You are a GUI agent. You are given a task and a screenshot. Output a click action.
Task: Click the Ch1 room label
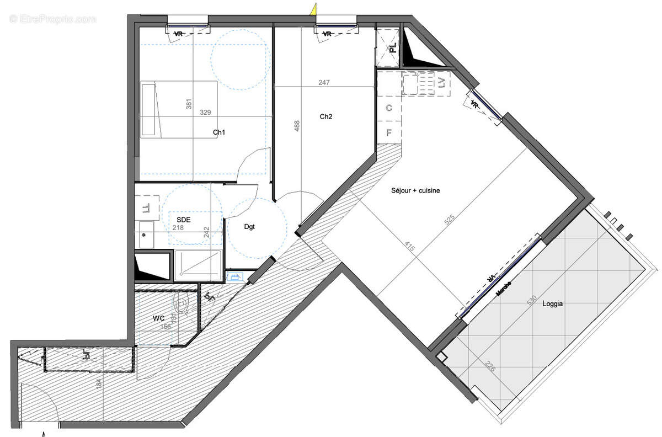(x=220, y=132)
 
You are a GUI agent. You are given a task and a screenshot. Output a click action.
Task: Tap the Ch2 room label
(x=326, y=117)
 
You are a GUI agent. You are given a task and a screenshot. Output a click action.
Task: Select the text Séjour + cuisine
(x=416, y=190)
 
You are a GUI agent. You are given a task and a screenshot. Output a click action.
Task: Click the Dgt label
(x=250, y=226)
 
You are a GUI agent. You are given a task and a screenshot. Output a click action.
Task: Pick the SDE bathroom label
(x=184, y=220)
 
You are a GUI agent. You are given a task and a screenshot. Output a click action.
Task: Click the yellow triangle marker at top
(x=313, y=8)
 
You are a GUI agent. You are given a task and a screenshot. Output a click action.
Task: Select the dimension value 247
(x=324, y=82)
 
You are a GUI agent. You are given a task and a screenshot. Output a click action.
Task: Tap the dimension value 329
(x=205, y=113)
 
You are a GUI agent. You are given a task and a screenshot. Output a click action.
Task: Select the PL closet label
(x=392, y=47)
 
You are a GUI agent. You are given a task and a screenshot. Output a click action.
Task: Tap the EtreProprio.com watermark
(x=52, y=19)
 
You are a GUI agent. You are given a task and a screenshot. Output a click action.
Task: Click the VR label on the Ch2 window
(x=327, y=34)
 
